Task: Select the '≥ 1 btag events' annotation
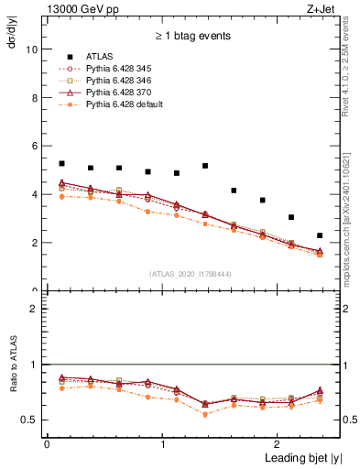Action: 192,37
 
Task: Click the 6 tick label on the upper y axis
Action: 34,147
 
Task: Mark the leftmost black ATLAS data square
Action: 61,164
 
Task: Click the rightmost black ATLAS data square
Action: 320,235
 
